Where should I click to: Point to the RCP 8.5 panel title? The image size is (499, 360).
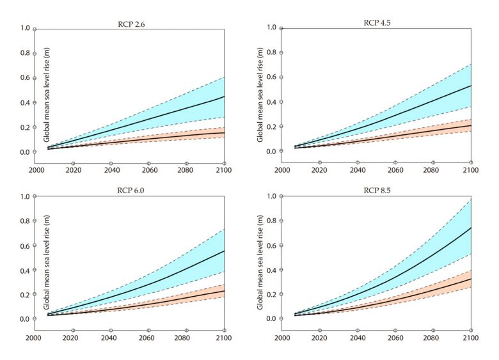376,191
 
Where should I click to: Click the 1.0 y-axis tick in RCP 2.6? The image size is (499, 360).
26,29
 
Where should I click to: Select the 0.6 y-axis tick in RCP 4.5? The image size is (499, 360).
271,77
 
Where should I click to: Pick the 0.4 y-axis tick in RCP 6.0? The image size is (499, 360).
26,270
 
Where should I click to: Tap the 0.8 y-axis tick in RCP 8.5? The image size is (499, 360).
271,221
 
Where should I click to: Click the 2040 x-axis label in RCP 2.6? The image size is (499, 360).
111,171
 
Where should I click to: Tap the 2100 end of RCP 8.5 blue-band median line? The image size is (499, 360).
471,228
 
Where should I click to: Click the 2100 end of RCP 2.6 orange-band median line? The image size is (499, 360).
225,132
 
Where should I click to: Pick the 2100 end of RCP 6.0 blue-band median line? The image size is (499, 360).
225,251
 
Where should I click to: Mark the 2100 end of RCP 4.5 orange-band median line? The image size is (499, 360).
471,125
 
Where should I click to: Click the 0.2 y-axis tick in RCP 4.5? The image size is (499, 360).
271,127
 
